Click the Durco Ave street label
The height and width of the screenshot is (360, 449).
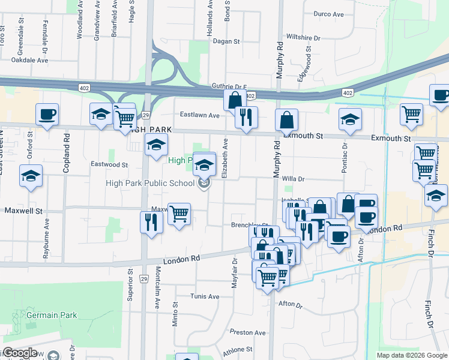[328, 14]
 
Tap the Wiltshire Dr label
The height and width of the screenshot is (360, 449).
[303, 38]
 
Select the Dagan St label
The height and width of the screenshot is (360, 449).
[227, 42]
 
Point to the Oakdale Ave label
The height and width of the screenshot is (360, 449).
[29, 61]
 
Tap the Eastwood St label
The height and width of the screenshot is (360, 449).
[109, 164]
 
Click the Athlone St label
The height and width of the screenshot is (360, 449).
[238, 349]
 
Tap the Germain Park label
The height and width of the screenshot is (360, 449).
[52, 314]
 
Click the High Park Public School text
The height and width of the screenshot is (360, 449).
[149, 184]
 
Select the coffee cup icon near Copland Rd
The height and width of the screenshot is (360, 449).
[47, 114]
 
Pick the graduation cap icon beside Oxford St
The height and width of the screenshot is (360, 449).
[31, 176]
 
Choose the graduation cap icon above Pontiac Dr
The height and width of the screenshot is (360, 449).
[350, 119]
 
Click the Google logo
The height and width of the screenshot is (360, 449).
[20, 353]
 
